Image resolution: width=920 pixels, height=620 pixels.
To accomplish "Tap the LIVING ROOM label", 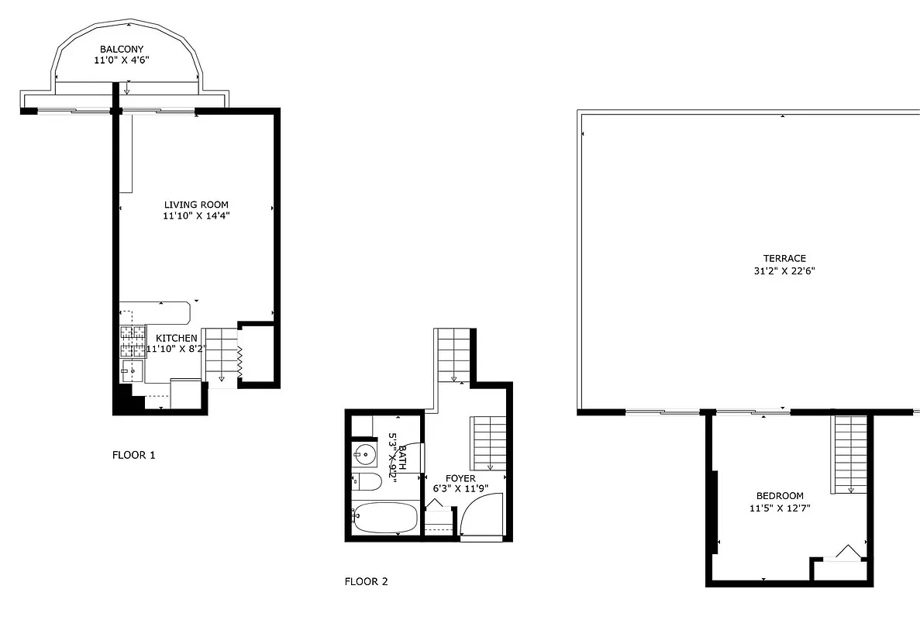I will coord(196,205).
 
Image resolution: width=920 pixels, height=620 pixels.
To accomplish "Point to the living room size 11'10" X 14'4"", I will coord(196,216).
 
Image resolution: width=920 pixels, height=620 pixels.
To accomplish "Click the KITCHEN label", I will coord(177,339).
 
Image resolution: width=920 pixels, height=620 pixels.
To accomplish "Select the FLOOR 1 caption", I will coord(133,455).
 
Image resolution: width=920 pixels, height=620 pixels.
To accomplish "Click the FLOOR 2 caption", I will coord(366,581).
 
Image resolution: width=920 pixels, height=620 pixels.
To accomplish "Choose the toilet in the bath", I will coord(366,482).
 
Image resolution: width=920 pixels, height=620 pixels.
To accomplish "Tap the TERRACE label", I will coord(784,259).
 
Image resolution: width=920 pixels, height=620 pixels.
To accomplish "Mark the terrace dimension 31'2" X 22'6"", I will coord(784,271).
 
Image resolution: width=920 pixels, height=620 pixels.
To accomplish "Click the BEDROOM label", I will coord(780,496).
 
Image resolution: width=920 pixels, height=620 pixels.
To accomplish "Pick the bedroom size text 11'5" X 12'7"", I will coord(780,508).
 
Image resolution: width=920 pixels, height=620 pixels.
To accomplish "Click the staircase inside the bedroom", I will coord(850,454).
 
